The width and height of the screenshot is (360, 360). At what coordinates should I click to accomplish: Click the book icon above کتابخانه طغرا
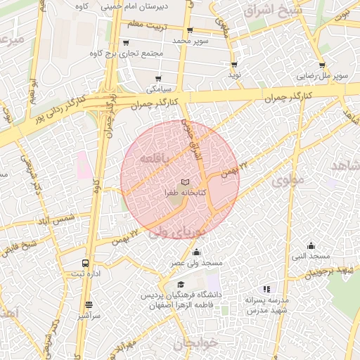pyautogui.click(x=186, y=182)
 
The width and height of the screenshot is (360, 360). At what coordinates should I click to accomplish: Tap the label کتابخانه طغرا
pyautogui.click(x=185, y=192)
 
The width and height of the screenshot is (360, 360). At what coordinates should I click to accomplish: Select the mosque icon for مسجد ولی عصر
pyautogui.click(x=196, y=252)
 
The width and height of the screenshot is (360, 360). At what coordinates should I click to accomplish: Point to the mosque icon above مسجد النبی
pyautogui.click(x=311, y=245)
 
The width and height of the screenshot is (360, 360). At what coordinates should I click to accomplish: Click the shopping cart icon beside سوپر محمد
pyautogui.click(x=190, y=30)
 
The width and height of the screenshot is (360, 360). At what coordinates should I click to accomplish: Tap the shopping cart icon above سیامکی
pyautogui.click(x=158, y=79)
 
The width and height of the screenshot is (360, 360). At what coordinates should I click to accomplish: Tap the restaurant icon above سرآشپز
pyautogui.click(x=89, y=305)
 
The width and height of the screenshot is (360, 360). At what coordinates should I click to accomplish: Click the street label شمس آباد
pyautogui.click(x=58, y=220)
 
